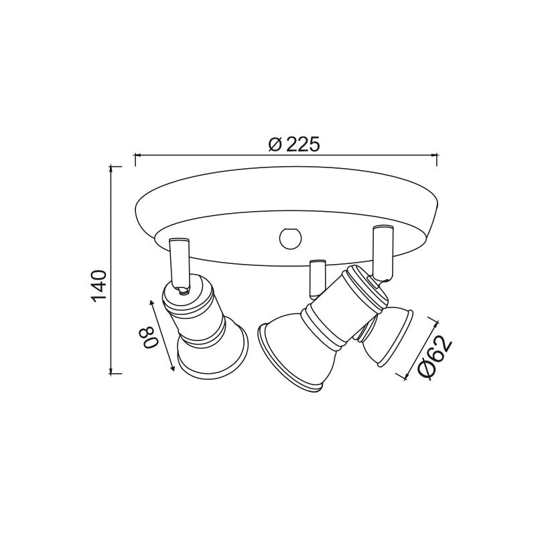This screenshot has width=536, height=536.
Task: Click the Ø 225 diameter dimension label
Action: pyautogui.click(x=294, y=144)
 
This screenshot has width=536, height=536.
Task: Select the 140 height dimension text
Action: pyautogui.click(x=99, y=285)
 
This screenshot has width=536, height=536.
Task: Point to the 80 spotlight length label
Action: pyautogui.click(x=151, y=337)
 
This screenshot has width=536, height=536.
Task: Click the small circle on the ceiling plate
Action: pyautogui.click(x=291, y=238)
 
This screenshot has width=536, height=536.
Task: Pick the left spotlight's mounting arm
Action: pyautogui.click(x=179, y=263)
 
